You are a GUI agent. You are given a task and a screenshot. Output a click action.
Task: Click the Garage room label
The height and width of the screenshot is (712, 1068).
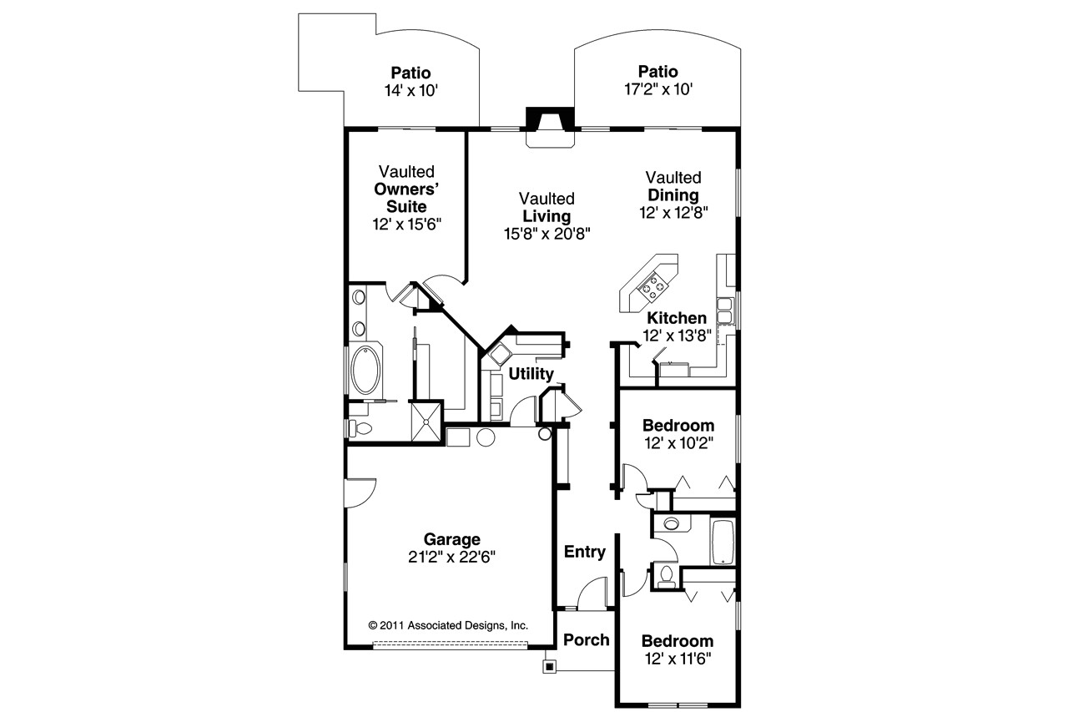tap(451, 539)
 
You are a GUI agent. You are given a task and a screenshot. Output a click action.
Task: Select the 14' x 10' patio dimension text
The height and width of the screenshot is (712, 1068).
tap(411, 90)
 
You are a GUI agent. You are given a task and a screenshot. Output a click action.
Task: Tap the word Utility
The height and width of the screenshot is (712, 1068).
tap(531, 373)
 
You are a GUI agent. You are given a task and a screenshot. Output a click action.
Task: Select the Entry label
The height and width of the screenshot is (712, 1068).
tap(584, 552)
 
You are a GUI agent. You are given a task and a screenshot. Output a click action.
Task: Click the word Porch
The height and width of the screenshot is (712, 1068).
tap(586, 640)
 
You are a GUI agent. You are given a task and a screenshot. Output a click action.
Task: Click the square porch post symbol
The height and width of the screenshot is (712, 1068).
tap(548, 666)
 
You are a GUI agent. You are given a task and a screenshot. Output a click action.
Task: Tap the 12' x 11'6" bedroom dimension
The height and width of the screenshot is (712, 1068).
tap(677, 659)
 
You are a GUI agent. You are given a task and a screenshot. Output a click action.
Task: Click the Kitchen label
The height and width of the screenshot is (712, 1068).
tap(677, 318)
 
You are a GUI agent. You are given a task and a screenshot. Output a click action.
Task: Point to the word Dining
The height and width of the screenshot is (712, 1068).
tap(673, 195)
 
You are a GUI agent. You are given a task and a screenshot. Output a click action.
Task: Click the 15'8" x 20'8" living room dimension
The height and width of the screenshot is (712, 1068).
tap(547, 234)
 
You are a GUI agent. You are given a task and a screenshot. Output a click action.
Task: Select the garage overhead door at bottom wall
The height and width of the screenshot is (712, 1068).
tap(450, 644)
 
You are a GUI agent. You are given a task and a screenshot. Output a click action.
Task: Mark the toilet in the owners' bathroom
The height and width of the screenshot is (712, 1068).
tap(361, 428)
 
